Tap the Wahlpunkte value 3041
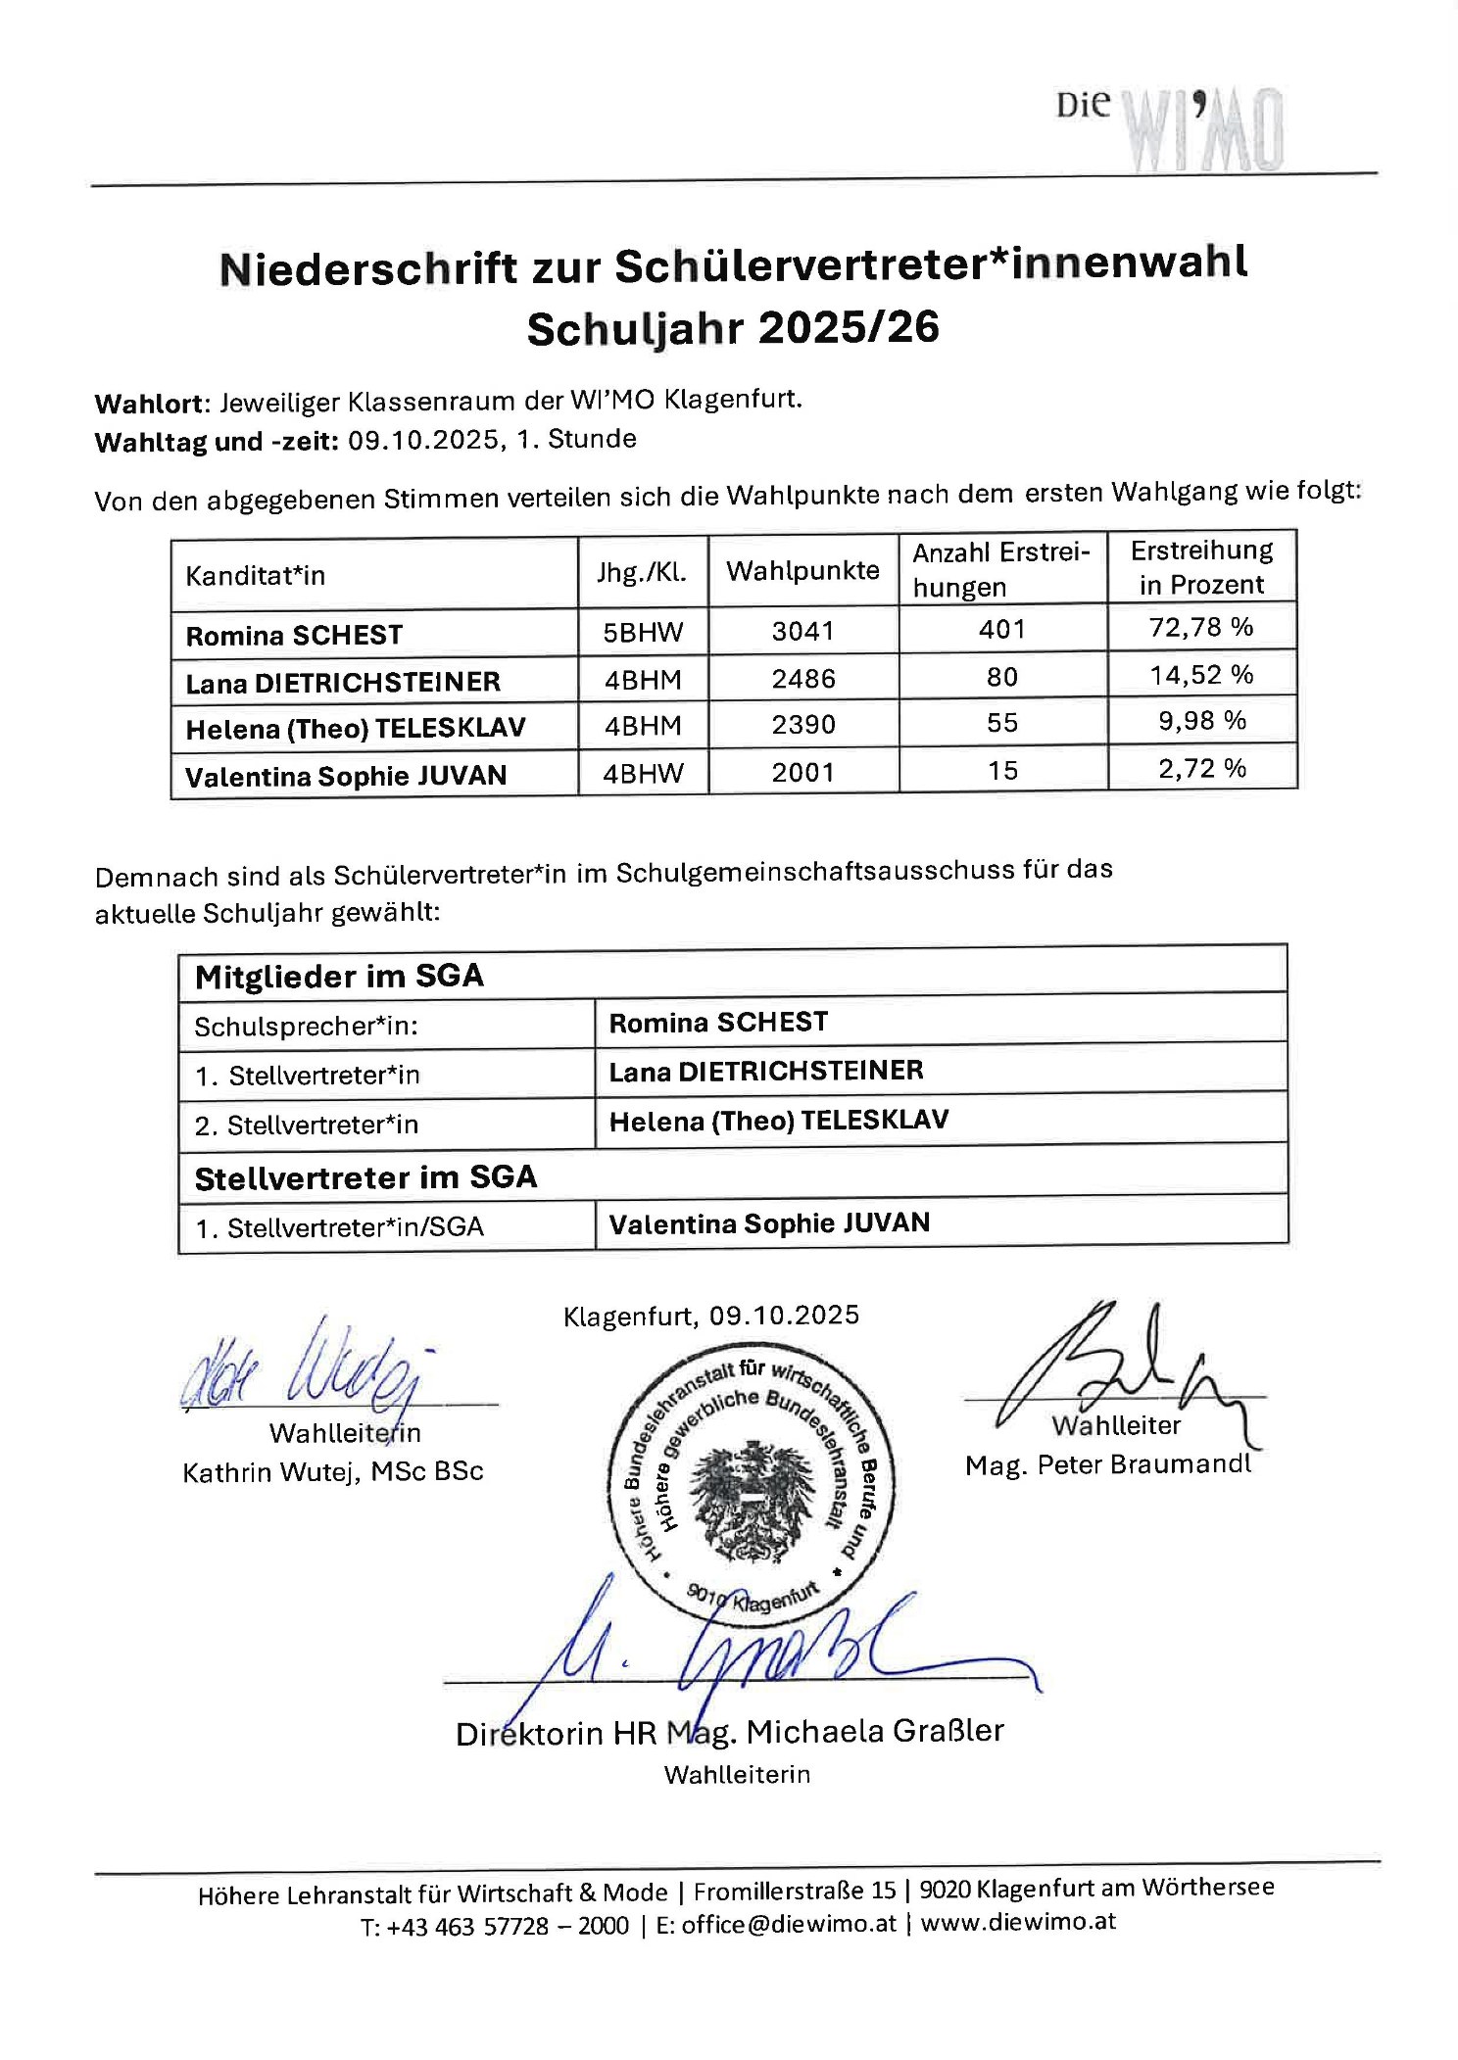(x=802, y=631)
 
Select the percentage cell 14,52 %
(x=1201, y=675)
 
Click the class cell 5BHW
(x=643, y=633)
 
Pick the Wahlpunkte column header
(x=802, y=571)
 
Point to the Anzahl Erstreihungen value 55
(x=1002, y=723)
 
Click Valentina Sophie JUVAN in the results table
(x=346, y=777)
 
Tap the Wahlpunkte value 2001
(x=802, y=773)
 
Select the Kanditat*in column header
(x=256, y=575)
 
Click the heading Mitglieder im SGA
(x=339, y=977)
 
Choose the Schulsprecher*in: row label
(x=306, y=1027)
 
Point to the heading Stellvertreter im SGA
(x=365, y=1177)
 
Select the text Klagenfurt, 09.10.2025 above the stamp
(x=710, y=1316)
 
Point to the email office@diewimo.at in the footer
(x=789, y=1924)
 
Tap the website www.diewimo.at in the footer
(x=1018, y=1922)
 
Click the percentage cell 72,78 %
(x=1201, y=627)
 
